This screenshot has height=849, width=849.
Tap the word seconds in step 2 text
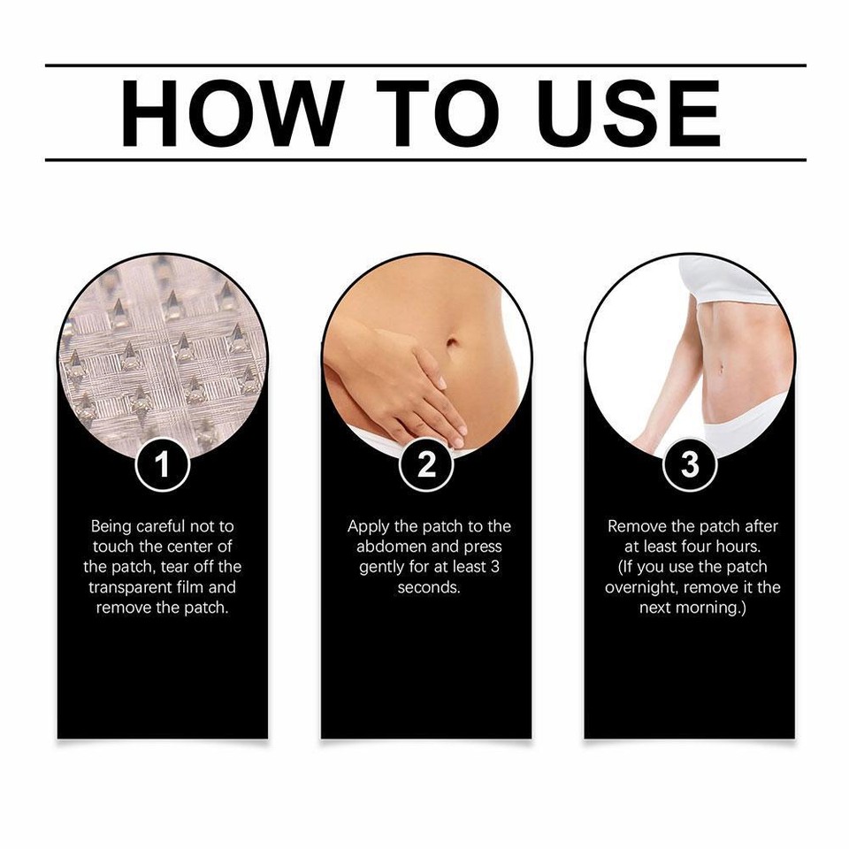[x=429, y=587]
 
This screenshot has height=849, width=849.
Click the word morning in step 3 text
[x=707, y=608]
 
